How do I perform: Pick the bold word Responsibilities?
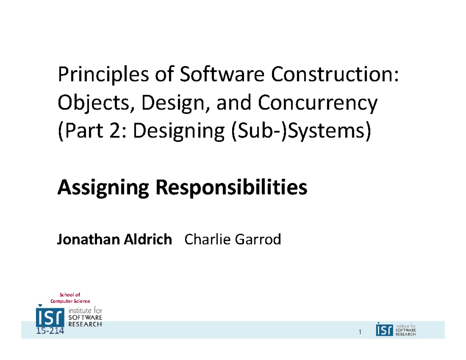[231, 190]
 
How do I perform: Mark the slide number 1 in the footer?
[360, 332]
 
